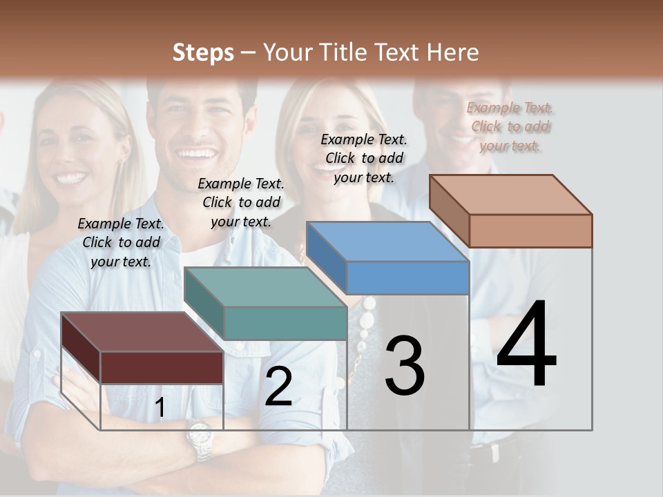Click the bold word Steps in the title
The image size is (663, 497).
tap(203, 52)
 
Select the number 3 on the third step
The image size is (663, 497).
tap(405, 366)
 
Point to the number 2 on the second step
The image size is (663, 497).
tap(278, 387)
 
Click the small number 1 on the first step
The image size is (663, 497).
tap(160, 408)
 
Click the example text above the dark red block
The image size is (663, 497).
tap(121, 242)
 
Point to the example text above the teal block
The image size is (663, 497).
tap(241, 202)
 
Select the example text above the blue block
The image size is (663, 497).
tap(364, 158)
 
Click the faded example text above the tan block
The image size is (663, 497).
tap(510, 126)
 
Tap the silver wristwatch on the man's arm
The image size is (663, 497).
tap(199, 439)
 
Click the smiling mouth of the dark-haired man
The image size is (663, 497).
tap(197, 154)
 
